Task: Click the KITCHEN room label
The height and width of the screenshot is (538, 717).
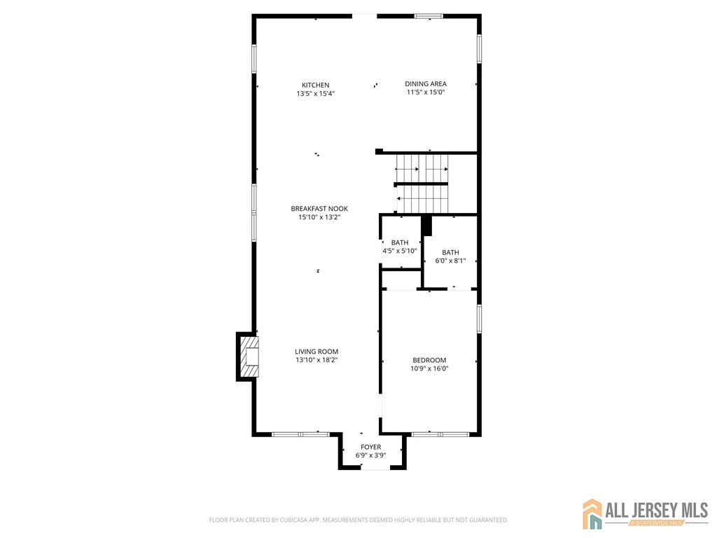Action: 316,85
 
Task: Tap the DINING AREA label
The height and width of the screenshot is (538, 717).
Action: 426,84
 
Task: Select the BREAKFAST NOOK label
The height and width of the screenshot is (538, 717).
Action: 319,209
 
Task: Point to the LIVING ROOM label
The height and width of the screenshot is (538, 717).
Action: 316,352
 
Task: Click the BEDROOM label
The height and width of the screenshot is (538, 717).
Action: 429,360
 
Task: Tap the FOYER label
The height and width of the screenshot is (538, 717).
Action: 371,447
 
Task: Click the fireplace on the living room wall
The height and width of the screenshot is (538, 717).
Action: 248,357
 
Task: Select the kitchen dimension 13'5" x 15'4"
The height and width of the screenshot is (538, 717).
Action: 316,94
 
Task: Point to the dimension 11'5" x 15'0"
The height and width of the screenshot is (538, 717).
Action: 426,92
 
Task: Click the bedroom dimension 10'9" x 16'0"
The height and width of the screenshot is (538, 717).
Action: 429,368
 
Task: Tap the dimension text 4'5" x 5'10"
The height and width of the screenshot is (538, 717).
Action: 400,251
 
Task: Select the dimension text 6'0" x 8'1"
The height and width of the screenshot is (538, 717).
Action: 450,261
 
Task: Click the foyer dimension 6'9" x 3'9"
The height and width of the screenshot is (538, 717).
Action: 371,455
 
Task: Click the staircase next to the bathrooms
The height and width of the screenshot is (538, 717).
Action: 422,184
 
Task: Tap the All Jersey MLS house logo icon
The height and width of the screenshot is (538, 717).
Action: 592,513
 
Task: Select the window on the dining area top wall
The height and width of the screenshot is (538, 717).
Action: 429,16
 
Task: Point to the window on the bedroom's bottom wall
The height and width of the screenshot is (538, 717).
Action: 440,434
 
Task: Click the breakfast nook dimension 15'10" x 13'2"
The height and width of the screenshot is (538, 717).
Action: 319,217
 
